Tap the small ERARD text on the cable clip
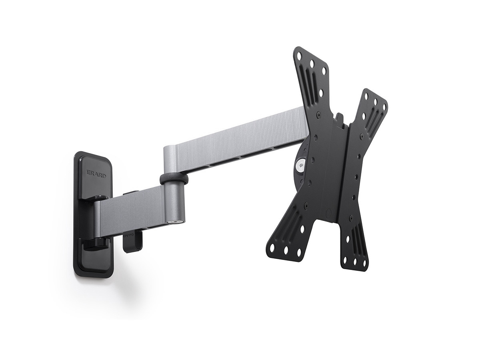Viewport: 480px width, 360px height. [x=128, y=236]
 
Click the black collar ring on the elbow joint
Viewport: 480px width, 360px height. [x=174, y=178]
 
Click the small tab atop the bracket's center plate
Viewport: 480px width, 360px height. [x=340, y=118]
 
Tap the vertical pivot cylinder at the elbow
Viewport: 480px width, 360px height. [x=174, y=200]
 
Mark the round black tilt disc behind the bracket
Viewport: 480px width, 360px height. [x=304, y=168]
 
